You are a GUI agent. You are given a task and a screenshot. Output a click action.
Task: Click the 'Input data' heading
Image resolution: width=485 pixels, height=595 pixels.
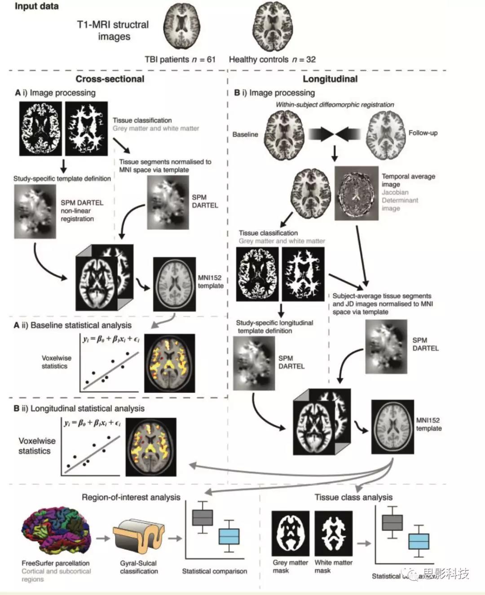click(x=36, y=7)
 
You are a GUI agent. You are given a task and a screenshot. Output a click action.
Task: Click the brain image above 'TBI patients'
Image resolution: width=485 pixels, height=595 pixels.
click(x=181, y=28)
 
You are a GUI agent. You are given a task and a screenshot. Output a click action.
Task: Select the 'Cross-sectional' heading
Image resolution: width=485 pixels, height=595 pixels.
click(x=110, y=79)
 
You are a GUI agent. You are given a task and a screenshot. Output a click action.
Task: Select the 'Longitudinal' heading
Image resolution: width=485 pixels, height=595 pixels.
click(x=330, y=79)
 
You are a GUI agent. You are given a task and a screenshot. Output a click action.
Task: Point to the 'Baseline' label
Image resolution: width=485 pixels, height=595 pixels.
click(x=245, y=134)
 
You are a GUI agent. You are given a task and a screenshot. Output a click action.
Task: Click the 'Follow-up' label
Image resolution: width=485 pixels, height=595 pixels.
click(x=423, y=133)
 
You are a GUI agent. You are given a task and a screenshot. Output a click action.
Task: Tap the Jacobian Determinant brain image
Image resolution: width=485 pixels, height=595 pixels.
click(x=356, y=194)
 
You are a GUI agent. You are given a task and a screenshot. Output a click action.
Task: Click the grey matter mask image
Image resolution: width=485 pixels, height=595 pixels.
click(x=290, y=533)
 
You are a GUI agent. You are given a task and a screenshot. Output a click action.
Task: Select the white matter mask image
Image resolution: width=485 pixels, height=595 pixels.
click(x=333, y=533)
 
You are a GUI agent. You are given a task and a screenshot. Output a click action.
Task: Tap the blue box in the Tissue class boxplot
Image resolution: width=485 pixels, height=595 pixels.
click(x=419, y=542)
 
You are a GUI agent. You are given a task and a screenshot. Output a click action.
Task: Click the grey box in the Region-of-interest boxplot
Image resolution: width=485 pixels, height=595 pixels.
click(x=203, y=517)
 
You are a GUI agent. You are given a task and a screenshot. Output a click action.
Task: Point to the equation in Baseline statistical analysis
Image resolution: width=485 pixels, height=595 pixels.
click(x=110, y=339)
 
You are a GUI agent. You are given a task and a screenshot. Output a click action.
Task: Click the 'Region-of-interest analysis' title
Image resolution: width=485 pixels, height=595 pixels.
click(x=131, y=497)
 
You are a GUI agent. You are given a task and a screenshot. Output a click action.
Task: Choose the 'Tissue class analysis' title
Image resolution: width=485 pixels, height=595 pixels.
click(x=353, y=497)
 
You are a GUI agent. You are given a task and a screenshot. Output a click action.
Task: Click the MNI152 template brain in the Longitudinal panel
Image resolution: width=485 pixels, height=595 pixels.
click(x=392, y=427)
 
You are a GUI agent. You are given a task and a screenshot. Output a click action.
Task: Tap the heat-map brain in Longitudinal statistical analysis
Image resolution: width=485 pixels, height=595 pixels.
click(x=151, y=447)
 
